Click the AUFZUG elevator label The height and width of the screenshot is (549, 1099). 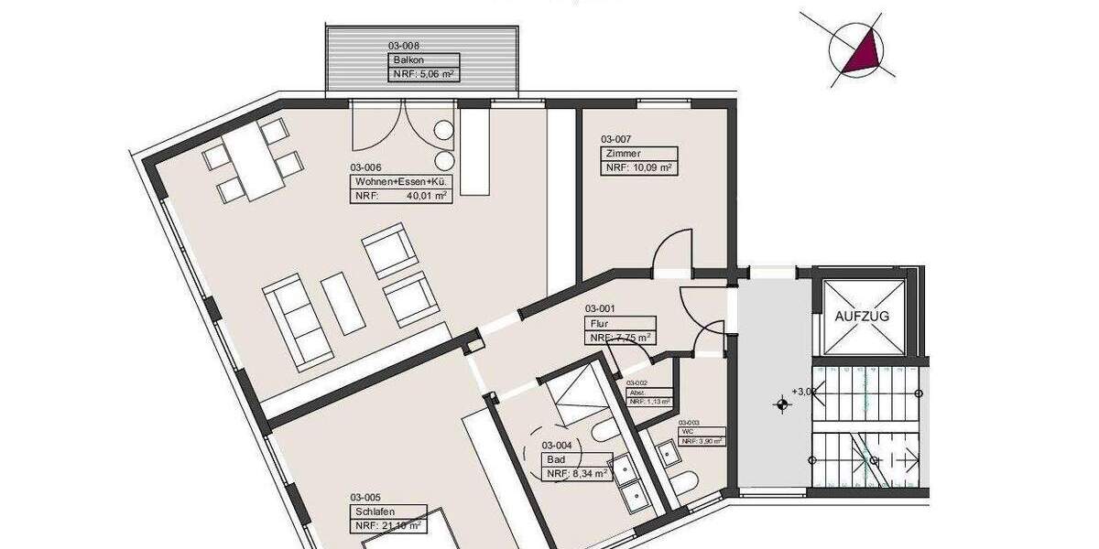862,317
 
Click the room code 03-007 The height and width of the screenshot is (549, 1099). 617,139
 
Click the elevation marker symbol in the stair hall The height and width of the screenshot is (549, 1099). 781,403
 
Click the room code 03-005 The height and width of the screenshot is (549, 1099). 365,498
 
